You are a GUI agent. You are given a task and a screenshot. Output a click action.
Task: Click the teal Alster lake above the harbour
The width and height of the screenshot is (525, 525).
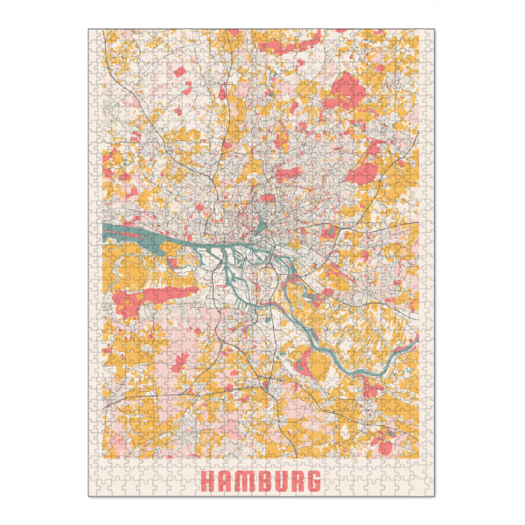pos(261,229)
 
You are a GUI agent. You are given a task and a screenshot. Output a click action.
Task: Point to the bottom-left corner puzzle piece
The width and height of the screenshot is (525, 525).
pos(95,489)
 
